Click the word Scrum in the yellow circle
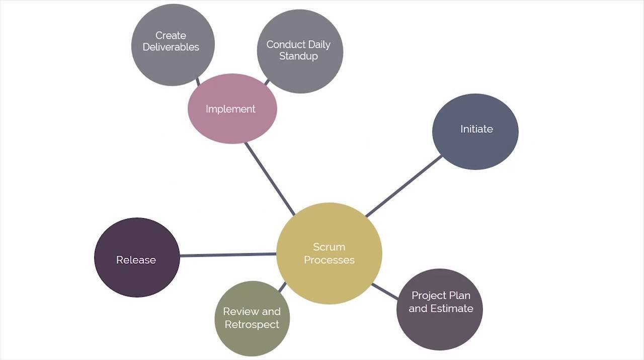pyautogui.click(x=329, y=247)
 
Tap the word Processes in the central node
pyautogui.click(x=329, y=260)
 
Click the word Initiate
pyautogui.click(x=476, y=129)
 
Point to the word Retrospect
pyautogui.click(x=252, y=325)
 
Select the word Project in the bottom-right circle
pyautogui.click(x=429, y=295)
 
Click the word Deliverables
pyautogui.click(x=171, y=47)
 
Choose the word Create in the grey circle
pyautogui.click(x=171, y=36)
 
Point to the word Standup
pyautogui.click(x=298, y=56)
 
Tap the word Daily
pyautogui.click(x=319, y=45)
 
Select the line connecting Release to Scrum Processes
pyautogui.click(x=227, y=255)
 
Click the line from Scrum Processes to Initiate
pyautogui.click(x=404, y=186)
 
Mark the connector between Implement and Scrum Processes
pyautogui.click(x=269, y=178)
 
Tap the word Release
pyautogui.click(x=136, y=260)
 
